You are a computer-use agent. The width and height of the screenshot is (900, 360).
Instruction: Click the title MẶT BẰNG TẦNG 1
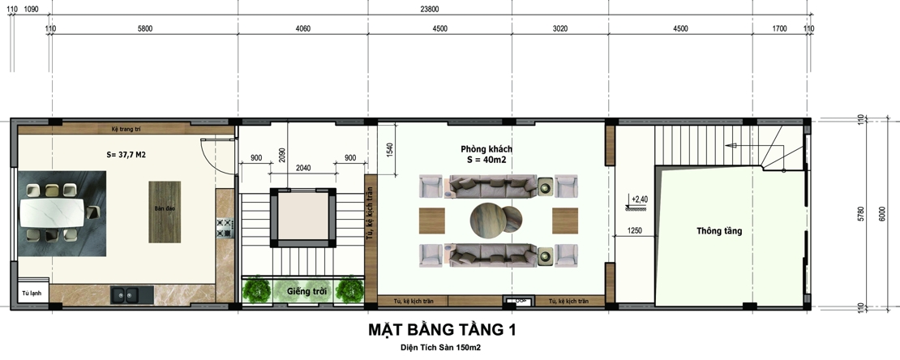pyautogui.click(x=442, y=330)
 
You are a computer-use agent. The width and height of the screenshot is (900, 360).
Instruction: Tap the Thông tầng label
pyautogui.click(x=718, y=231)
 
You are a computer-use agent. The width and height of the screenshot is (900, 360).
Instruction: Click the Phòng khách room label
pyautogui.click(x=486, y=150)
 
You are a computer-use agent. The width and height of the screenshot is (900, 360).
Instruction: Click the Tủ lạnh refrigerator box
pyautogui.click(x=32, y=293)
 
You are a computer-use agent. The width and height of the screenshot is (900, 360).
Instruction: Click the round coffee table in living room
pyautogui.click(x=491, y=220)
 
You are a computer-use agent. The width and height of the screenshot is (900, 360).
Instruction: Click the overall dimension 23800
pyautogui.click(x=430, y=9)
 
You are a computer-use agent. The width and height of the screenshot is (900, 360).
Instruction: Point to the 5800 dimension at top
pyautogui.click(x=144, y=28)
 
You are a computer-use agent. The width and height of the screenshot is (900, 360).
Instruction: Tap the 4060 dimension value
pyautogui.click(x=302, y=28)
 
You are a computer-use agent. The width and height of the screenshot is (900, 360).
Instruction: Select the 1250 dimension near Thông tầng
pyautogui.click(x=634, y=231)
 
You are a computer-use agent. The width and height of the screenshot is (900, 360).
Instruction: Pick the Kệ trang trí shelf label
pyautogui.click(x=126, y=129)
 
